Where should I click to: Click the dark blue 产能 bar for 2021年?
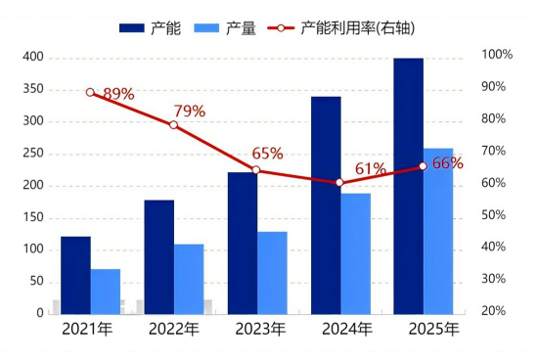pyautogui.click(x=75, y=275)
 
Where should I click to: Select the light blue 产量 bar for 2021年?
pyautogui.click(x=106, y=292)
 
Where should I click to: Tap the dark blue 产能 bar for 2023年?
pyautogui.click(x=243, y=243)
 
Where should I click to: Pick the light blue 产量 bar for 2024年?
pyautogui.click(x=356, y=253)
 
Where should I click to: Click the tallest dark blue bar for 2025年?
pyautogui.click(x=409, y=186)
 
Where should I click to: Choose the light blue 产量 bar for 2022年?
pyautogui.click(x=189, y=279)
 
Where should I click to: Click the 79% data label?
pyautogui.click(x=190, y=112)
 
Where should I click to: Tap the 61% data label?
pyautogui.click(x=371, y=169)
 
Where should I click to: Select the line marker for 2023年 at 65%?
pyautogui.click(x=256, y=170)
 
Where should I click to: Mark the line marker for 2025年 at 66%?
pyautogui.click(x=424, y=166)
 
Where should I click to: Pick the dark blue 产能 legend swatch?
pyautogui.click(x=132, y=28)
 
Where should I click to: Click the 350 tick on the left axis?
pyautogui.click(x=33, y=90)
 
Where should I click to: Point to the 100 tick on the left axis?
pyautogui.click(x=33, y=250)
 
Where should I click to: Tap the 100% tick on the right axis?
pyautogui.click(x=497, y=55)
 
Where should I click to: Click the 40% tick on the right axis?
pyautogui.click(x=497, y=247)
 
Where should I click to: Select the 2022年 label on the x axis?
pyautogui.click(x=174, y=329)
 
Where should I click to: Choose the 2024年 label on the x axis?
pyautogui.click(x=341, y=329)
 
